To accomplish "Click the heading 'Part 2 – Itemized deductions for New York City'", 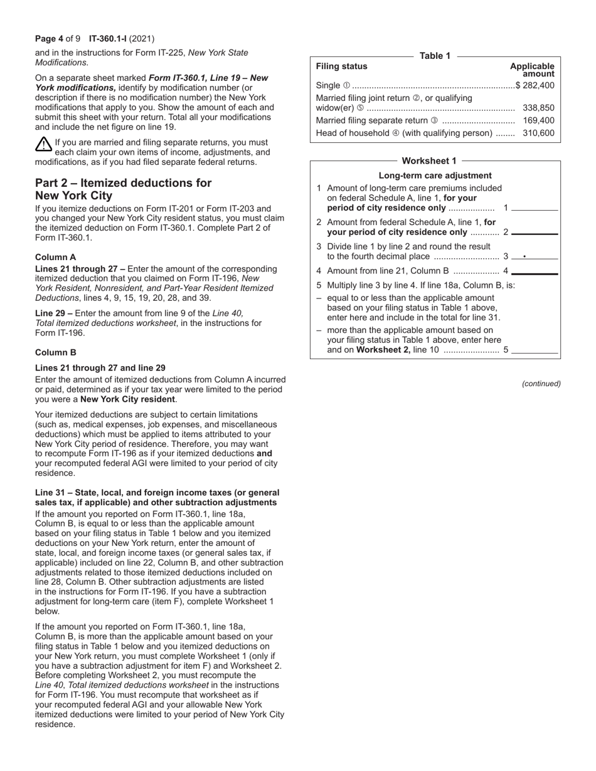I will pyautogui.click(x=123, y=189).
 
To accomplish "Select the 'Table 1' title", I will pyautogui.click(x=435, y=56).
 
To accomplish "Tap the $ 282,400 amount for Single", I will pyautogui.click(x=535, y=85).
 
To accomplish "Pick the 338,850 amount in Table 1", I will pyautogui.click(x=538, y=108).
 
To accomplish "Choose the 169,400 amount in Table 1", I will pyautogui.click(x=538, y=120).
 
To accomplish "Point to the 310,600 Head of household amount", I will pyautogui.click(x=538, y=133).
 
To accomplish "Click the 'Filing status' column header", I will pyautogui.click(x=341, y=66).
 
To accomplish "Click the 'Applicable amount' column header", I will pyautogui.click(x=532, y=70).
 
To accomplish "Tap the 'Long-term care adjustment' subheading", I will pyautogui.click(x=435, y=176).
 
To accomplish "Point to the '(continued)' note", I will pyautogui.click(x=541, y=384).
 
